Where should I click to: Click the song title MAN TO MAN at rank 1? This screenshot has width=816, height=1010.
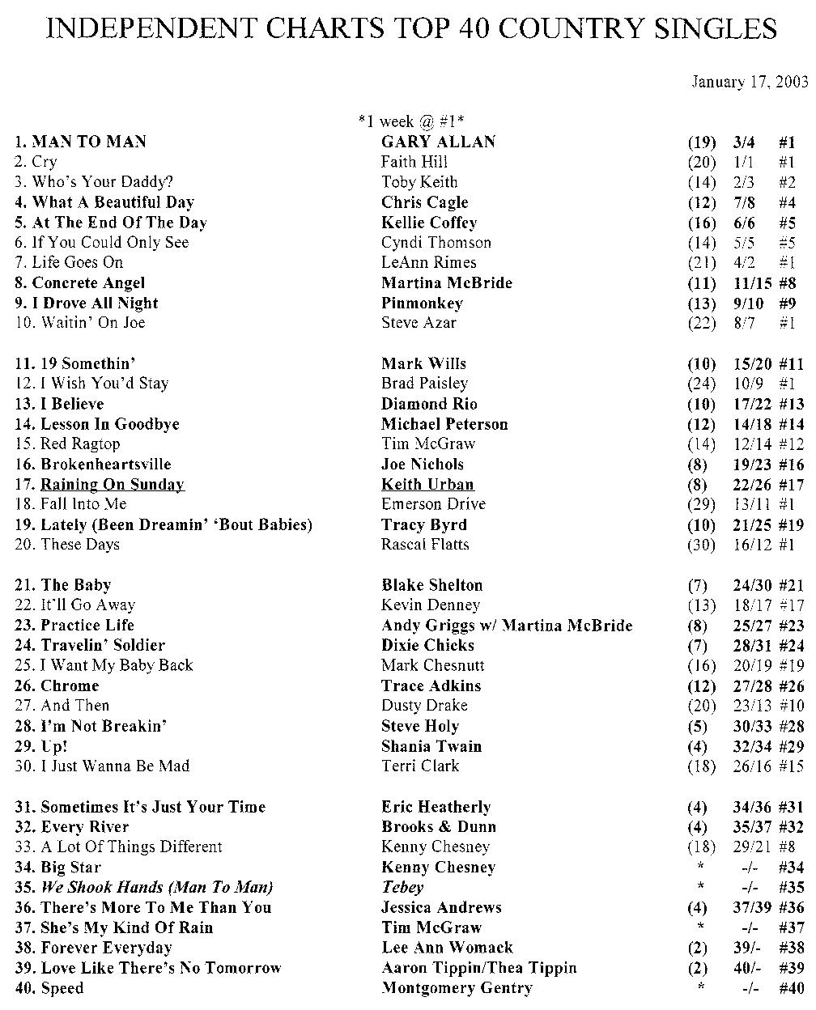click(89, 142)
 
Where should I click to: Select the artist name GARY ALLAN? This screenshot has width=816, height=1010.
click(438, 142)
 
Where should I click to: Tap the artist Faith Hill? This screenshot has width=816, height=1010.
click(414, 162)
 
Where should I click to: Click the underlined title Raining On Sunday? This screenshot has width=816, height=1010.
click(112, 485)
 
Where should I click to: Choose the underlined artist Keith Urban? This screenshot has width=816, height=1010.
click(427, 485)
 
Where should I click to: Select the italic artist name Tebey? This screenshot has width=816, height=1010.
click(402, 888)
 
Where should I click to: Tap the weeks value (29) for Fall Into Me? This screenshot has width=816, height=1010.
click(701, 505)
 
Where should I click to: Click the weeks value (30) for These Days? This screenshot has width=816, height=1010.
click(701, 545)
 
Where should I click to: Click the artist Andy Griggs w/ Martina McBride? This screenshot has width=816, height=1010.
click(507, 626)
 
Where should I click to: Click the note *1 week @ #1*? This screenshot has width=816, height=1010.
click(410, 121)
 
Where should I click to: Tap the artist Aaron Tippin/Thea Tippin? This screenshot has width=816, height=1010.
click(479, 968)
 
